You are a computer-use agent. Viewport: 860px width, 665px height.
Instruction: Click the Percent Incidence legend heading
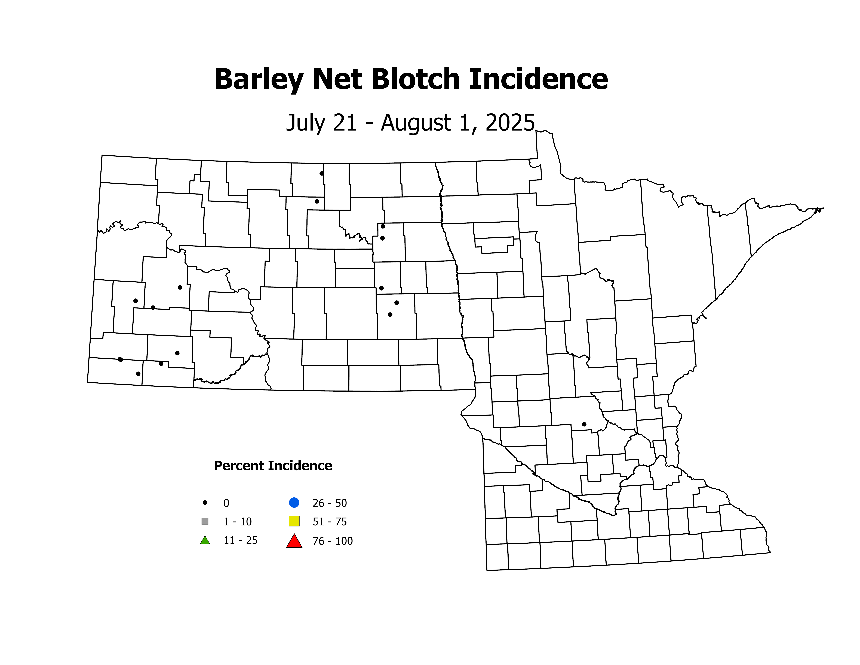pyautogui.click(x=273, y=466)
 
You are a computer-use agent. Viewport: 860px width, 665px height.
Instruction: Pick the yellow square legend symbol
pyautogui.click(x=294, y=521)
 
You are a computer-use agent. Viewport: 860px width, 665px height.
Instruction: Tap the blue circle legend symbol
pyautogui.click(x=294, y=503)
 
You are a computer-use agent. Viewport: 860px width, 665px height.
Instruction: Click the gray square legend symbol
pyautogui.click(x=205, y=521)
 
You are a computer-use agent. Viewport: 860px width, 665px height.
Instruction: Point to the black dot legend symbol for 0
pyautogui.click(x=205, y=503)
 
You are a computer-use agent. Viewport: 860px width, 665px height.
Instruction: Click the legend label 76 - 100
pyautogui.click(x=333, y=541)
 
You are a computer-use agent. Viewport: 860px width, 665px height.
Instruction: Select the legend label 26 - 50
pyautogui.click(x=330, y=503)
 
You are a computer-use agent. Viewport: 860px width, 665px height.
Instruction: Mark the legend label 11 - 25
pyautogui.click(x=241, y=540)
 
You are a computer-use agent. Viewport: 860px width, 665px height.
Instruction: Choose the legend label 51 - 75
pyautogui.click(x=330, y=522)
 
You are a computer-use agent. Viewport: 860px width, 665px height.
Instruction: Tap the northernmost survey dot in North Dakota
pyautogui.click(x=322, y=173)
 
